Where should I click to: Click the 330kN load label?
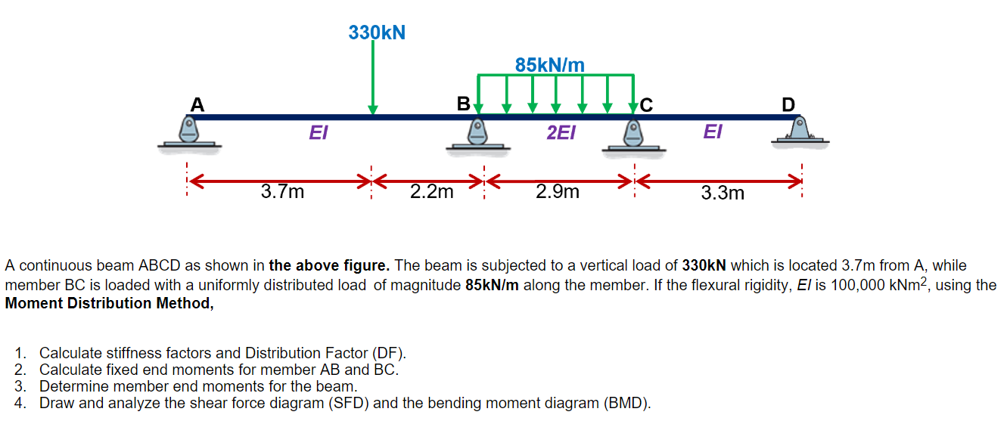coord(377,33)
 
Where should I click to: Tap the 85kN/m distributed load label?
coord(550,65)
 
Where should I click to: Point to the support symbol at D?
coord(800,130)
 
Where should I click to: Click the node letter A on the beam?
coord(197,104)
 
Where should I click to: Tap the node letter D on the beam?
coord(788,105)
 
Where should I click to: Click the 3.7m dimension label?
coord(282,192)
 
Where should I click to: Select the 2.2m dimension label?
coord(431,192)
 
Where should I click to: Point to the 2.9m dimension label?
coord(558,192)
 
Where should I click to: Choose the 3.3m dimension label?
coord(723,193)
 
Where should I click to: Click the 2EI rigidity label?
coord(561,134)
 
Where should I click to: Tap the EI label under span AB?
coord(319,134)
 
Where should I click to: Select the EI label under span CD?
coord(712,132)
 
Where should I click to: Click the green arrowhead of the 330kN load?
coord(372,110)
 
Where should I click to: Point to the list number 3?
coord(20,386)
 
